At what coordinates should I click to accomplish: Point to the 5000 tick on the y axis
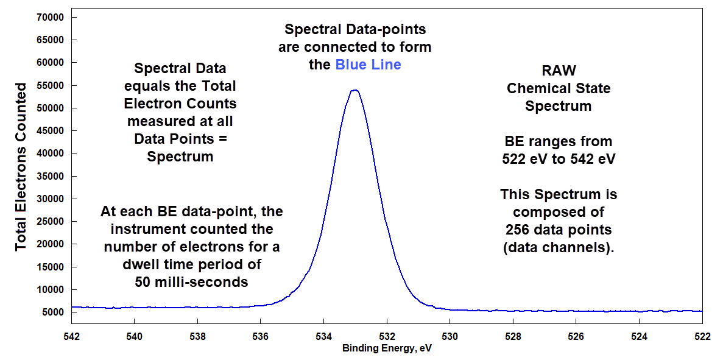tap(52, 312)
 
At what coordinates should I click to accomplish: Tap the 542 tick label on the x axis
tap(71, 336)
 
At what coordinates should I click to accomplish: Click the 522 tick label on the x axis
tap(702, 336)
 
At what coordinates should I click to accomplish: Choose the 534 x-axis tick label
tap(323, 336)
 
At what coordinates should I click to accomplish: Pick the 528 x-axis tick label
tap(513, 336)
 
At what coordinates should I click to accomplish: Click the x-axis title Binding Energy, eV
tap(387, 349)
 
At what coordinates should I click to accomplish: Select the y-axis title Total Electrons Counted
tap(21, 166)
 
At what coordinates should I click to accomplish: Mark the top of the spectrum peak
tap(354, 90)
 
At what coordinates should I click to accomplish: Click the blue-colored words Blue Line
tap(368, 65)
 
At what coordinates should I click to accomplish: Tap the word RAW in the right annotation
tap(559, 71)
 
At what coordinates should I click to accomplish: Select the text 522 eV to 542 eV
tap(559, 160)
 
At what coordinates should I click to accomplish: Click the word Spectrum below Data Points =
tap(180, 156)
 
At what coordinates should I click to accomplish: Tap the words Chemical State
tap(559, 88)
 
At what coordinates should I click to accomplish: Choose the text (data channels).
tap(559, 248)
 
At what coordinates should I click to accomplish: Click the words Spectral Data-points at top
tap(355, 29)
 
